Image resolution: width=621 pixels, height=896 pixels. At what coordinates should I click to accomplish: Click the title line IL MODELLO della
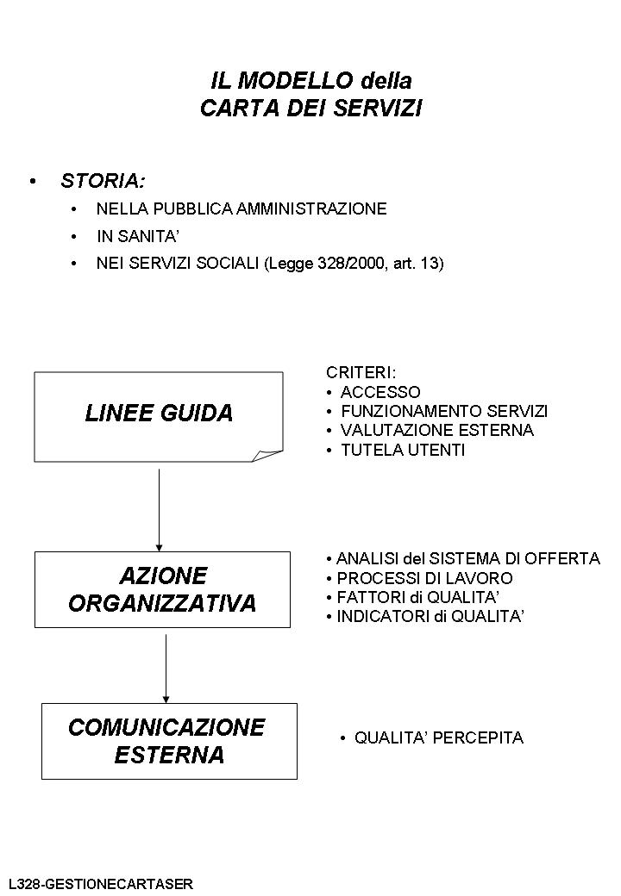310,81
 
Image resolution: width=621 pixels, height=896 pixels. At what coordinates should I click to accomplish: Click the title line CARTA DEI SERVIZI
310,109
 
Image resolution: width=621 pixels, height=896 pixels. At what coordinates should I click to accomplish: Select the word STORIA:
103,181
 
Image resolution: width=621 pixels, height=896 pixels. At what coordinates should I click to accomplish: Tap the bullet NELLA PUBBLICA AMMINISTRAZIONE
241,208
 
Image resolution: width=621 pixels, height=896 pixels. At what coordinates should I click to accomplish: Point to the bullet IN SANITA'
137,236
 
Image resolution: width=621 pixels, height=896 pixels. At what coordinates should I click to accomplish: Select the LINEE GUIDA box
159,414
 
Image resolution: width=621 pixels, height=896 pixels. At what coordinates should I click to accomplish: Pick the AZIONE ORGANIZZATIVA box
162,589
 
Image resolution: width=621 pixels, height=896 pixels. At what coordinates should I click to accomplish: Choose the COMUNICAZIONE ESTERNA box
169,741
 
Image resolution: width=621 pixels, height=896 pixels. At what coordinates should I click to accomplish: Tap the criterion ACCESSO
380,392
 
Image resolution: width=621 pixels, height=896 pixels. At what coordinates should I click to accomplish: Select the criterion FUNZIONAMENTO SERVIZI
444,411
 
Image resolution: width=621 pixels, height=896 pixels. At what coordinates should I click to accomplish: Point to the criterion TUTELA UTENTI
403,450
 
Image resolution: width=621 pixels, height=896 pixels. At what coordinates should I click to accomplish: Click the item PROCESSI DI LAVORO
424,578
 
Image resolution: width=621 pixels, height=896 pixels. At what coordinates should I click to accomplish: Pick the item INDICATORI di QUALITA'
430,617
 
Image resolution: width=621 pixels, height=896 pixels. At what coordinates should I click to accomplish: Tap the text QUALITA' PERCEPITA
438,738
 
